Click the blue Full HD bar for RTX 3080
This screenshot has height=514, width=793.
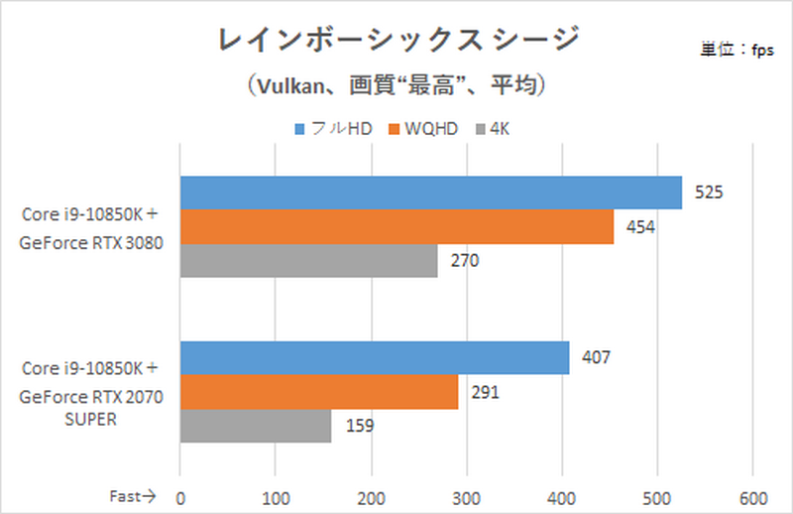click(x=430, y=193)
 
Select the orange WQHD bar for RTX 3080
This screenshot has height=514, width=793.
click(x=396, y=227)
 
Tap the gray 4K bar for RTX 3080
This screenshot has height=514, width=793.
click(x=308, y=261)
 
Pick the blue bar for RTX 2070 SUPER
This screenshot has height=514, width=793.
click(x=374, y=358)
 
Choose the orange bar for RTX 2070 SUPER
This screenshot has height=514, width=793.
click(x=318, y=392)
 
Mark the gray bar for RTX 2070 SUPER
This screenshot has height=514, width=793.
click(x=255, y=426)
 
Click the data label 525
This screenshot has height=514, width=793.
click(x=708, y=193)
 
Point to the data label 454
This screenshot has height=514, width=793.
click(x=640, y=227)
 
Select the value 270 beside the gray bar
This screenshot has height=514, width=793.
click(x=464, y=262)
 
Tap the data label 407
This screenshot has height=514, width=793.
click(x=596, y=358)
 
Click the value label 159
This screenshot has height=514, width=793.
click(x=359, y=427)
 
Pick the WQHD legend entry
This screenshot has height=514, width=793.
click(x=423, y=129)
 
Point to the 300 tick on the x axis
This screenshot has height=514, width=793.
click(x=466, y=495)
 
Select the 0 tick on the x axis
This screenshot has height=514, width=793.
click(x=179, y=495)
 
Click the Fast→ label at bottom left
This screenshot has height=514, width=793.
click(x=131, y=495)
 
